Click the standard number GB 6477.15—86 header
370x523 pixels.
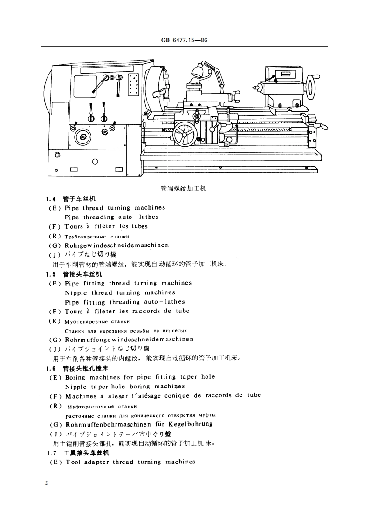[185, 41]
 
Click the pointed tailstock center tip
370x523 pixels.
[255, 87]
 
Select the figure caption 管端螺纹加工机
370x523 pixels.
[183, 189]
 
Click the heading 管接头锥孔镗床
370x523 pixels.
[85, 368]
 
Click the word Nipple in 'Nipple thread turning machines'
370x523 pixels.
[75, 292]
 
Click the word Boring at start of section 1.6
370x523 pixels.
[75, 377]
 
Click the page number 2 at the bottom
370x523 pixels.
[47, 483]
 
